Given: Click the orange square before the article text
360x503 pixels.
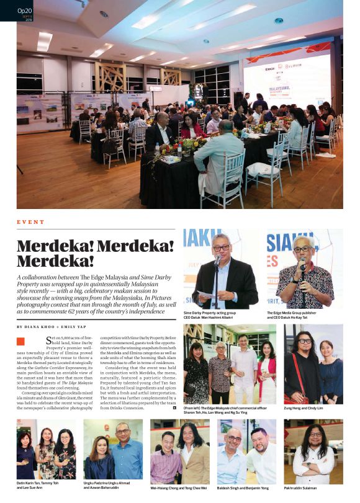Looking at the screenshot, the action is pos(21,341).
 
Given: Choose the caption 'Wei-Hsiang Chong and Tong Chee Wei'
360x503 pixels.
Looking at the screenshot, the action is pos(179,488).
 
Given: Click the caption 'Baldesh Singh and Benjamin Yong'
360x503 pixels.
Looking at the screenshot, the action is pos(243,488).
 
